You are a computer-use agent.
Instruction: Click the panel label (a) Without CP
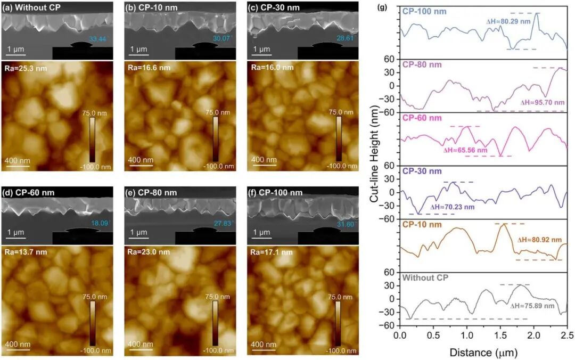click(x=31, y=7)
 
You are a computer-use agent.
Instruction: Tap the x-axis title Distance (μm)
click(x=483, y=352)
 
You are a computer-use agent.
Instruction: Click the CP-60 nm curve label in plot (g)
click(x=421, y=118)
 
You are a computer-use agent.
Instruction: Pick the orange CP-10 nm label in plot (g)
click(x=421, y=224)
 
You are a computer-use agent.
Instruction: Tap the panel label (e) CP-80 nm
click(x=152, y=192)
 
